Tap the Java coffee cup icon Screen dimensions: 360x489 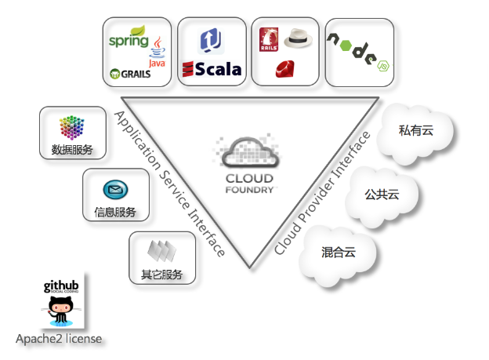158,48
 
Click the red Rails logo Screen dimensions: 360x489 270,39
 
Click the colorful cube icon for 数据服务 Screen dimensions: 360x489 72,126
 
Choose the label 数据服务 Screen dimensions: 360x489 72,149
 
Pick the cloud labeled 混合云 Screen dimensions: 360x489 339,253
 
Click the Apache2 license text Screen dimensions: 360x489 59,339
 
